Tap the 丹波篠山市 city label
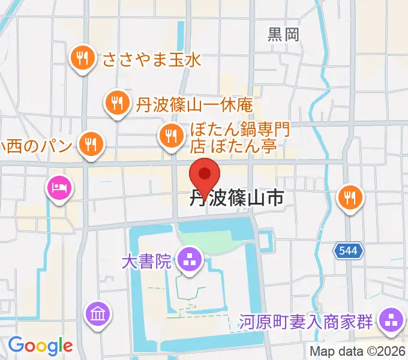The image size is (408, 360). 236,199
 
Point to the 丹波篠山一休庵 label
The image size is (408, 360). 193,105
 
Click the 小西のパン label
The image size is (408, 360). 37,145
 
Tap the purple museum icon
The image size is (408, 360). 97,313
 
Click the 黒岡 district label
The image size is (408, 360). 283,34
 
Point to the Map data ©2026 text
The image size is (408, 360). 358,351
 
